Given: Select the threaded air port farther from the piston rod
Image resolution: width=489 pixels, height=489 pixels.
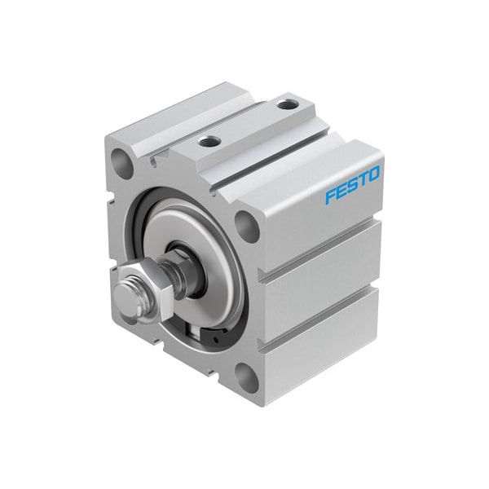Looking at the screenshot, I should (x=284, y=104).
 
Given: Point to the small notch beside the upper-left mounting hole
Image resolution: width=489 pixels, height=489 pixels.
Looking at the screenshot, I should (x=152, y=161).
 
